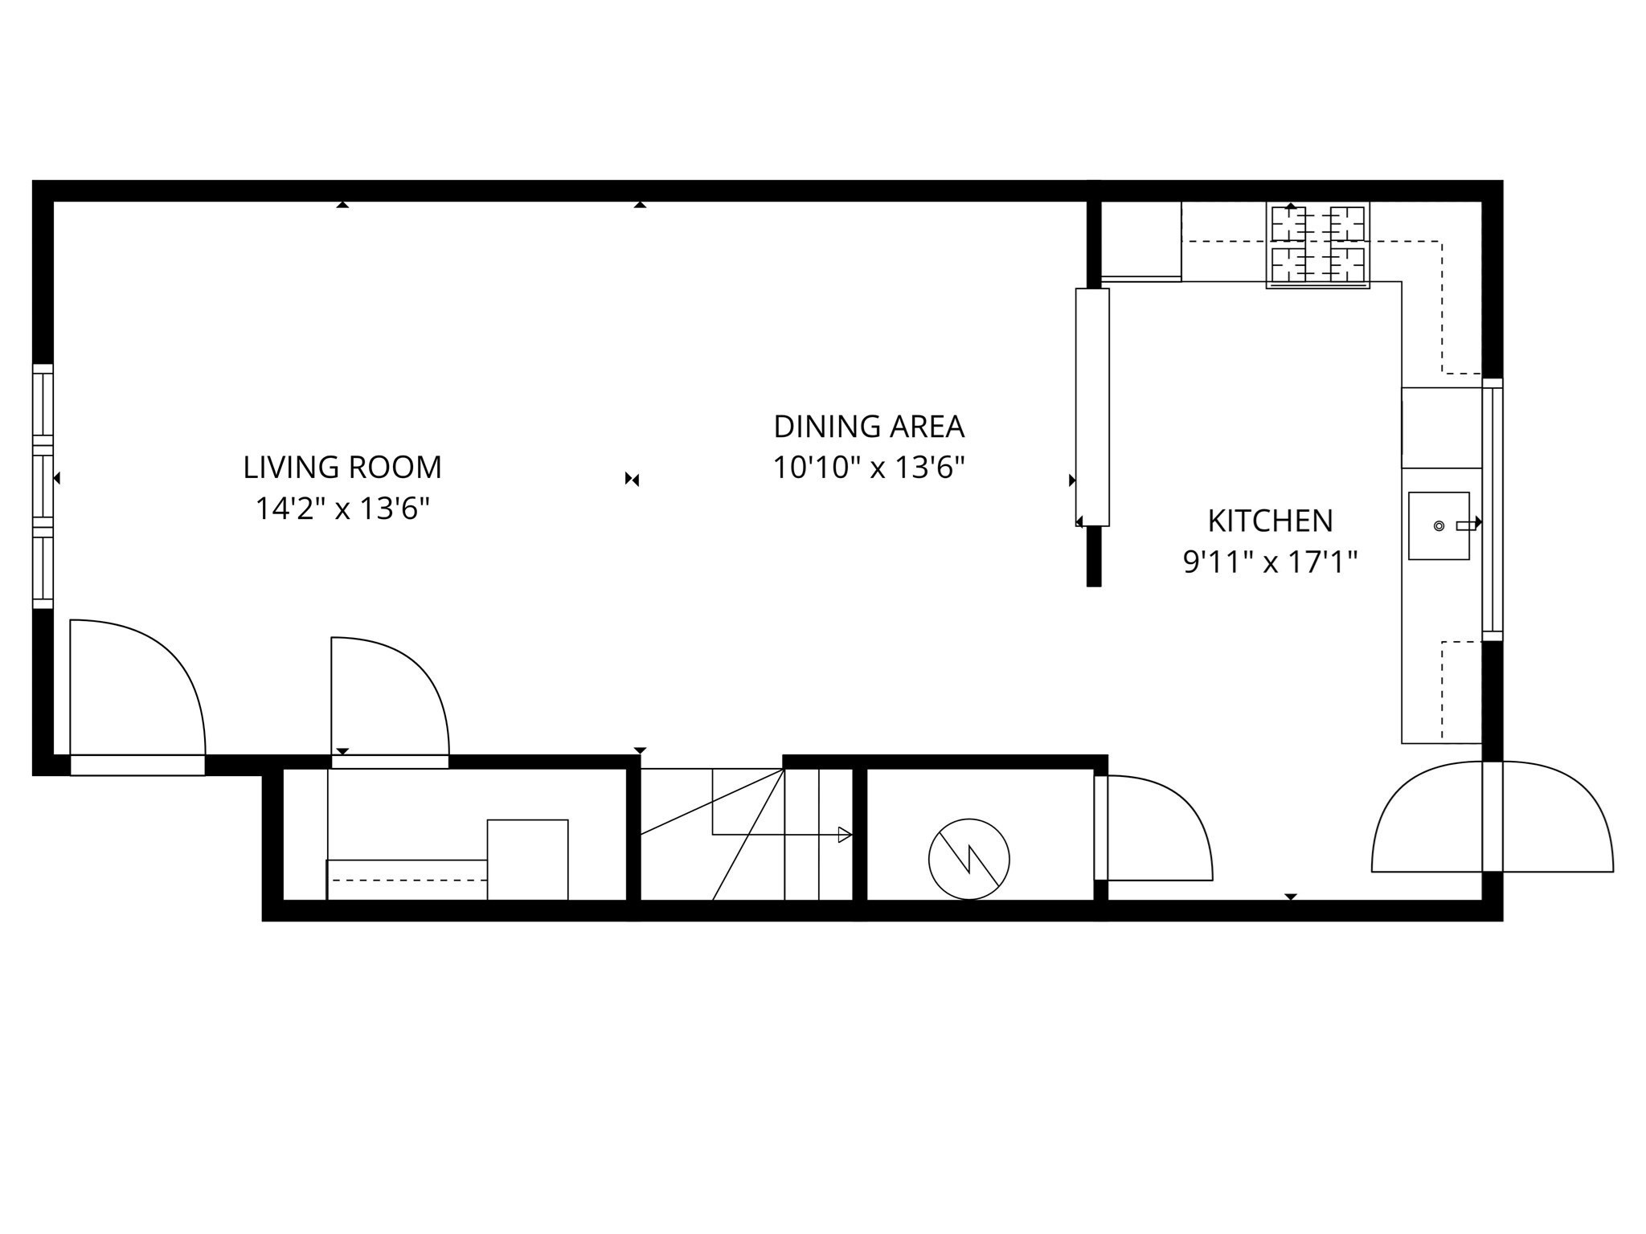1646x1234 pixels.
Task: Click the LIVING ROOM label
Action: click(342, 467)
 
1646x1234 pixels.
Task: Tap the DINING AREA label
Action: click(868, 427)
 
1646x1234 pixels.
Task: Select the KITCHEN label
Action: click(1270, 521)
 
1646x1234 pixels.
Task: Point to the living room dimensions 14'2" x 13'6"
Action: click(342, 509)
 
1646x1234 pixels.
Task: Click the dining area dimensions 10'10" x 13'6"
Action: click(868, 467)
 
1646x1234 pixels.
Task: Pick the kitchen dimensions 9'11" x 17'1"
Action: click(1270, 562)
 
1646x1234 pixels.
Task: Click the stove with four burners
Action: click(1317, 244)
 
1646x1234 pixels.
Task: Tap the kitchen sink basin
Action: click(1439, 525)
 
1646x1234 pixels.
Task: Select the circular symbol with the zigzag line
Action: click(968, 859)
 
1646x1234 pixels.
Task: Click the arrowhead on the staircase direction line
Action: click(845, 835)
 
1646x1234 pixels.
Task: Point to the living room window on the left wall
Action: click(43, 486)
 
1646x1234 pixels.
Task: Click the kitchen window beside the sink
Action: click(1492, 509)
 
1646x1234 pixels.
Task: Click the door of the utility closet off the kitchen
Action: click(1153, 827)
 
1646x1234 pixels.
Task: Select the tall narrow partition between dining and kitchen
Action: click(1092, 407)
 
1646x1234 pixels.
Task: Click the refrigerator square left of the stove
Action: click(1140, 241)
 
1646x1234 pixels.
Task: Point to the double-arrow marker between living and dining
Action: click(633, 480)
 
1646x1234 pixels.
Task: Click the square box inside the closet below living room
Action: click(527, 860)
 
